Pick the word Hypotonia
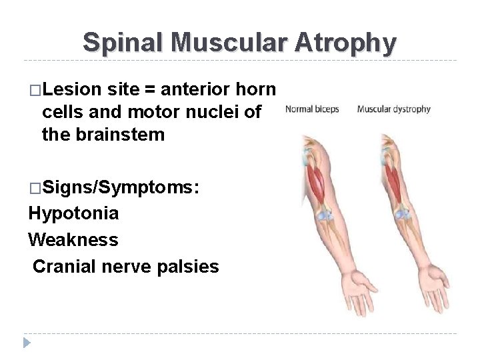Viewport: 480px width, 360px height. [74, 213]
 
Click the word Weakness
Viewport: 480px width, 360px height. [73, 240]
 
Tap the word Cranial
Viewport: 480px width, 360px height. [61, 267]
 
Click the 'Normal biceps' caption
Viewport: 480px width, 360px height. [312, 109]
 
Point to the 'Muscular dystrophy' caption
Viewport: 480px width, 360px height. [394, 109]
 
